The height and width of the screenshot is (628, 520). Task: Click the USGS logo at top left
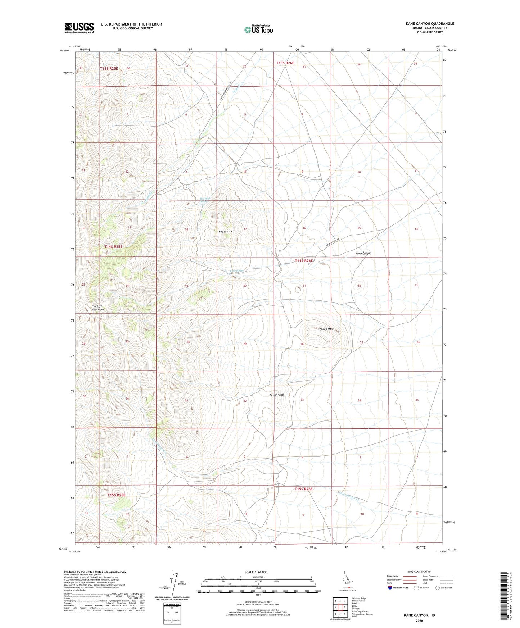point(79,28)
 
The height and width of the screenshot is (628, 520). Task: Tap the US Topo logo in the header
point(258,29)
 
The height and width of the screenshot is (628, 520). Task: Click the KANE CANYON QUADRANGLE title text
point(430,24)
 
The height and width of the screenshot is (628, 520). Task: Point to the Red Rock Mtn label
point(227,231)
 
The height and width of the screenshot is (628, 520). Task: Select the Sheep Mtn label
point(326,329)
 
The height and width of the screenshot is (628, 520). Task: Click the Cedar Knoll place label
point(276,395)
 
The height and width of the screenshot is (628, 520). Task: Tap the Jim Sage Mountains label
point(97,308)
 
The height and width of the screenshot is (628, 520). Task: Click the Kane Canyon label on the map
point(363,254)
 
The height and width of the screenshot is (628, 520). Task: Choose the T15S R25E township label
point(117,495)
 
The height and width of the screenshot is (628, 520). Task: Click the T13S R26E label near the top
point(285,63)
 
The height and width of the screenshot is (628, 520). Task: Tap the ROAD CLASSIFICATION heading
point(419,572)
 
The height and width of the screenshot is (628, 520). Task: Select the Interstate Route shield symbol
point(390,588)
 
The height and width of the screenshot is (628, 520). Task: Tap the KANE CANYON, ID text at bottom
point(419,615)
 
